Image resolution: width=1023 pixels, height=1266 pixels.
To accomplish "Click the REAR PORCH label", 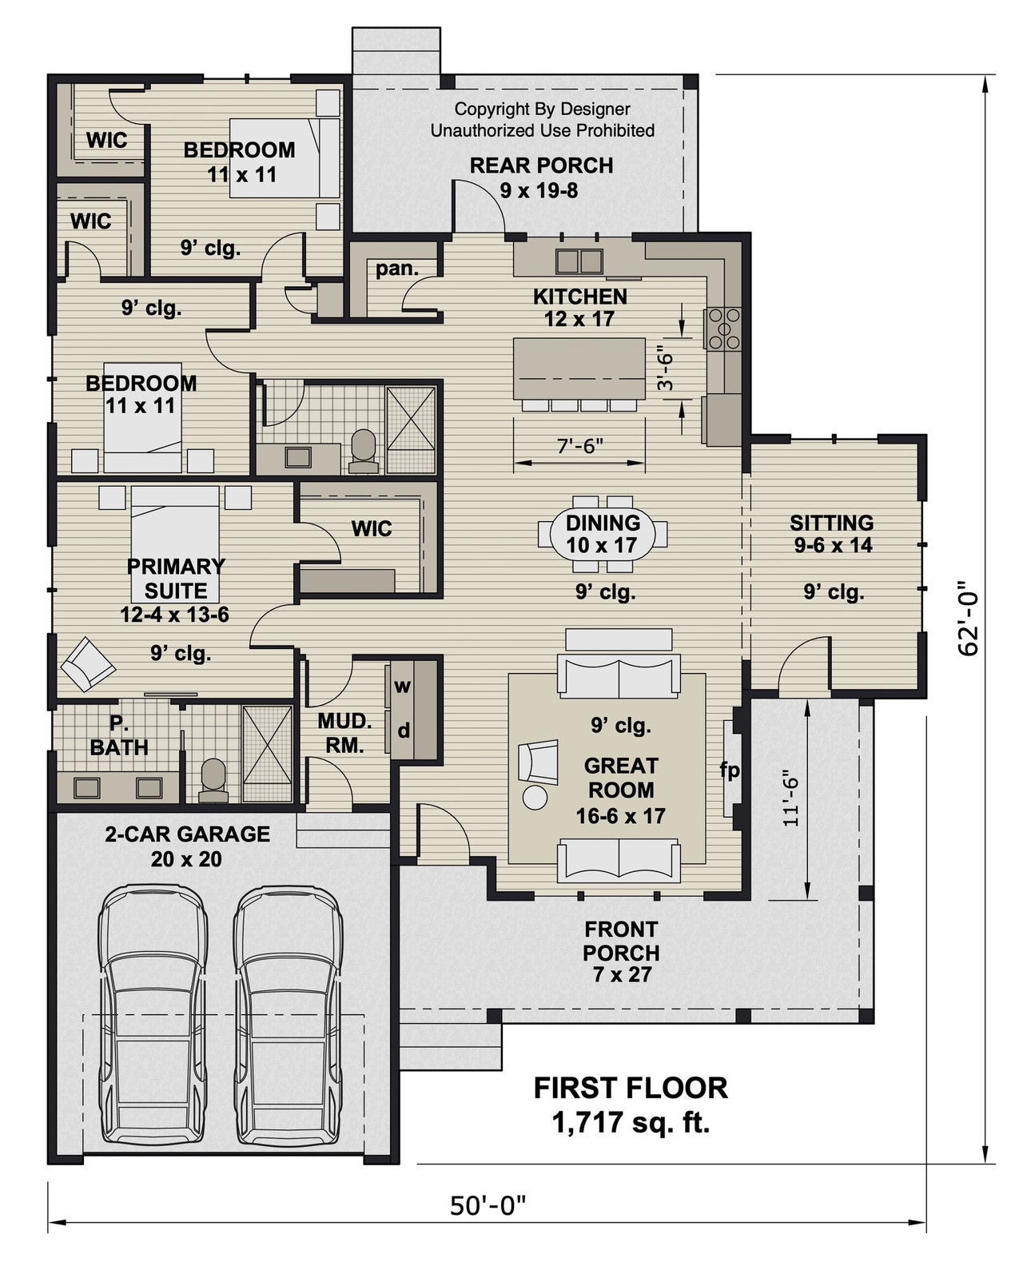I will (x=541, y=166).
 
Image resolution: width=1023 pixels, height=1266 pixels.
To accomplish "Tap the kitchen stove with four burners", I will (x=722, y=328).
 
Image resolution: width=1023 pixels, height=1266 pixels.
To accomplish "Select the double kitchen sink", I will (x=579, y=261).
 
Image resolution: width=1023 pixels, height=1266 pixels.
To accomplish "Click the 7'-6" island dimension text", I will (x=579, y=446).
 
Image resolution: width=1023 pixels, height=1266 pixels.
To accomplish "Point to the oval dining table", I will (x=603, y=534).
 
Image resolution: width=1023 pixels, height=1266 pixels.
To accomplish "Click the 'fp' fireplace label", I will (x=730, y=770).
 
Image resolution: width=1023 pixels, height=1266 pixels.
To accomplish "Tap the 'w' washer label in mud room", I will (x=403, y=686).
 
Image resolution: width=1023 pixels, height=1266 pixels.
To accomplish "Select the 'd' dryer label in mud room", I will (x=404, y=730).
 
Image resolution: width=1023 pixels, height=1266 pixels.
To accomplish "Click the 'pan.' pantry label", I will (x=397, y=269).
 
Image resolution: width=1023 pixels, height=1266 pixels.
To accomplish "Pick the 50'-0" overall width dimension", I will (x=488, y=1205).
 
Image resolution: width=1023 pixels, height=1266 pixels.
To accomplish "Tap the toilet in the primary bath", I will (x=213, y=779).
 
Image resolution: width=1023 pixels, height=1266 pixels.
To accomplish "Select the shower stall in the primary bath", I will (x=268, y=754).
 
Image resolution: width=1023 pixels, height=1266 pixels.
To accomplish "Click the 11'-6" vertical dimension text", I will (x=790, y=798).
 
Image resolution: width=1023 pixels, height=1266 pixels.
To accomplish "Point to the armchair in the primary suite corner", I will (x=87, y=663).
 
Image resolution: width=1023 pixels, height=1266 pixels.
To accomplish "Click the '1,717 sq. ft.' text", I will (x=631, y=1123).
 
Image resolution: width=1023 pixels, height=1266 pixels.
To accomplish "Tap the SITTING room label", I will (x=831, y=523).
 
